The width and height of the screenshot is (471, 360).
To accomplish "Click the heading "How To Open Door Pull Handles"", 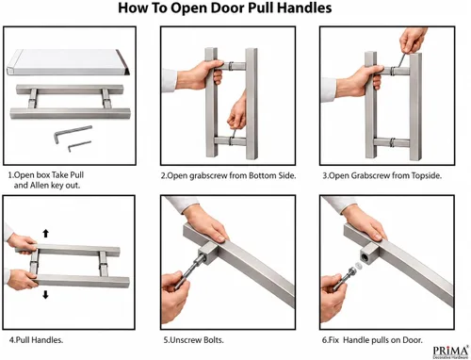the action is pos(225,8).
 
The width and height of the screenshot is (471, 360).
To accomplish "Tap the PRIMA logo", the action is pos(450,352).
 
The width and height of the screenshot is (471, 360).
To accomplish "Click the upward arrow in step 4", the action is pos(46,233).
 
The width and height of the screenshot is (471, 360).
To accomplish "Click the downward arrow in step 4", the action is pos(46,295).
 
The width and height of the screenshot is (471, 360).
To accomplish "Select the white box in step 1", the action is pos(68,62).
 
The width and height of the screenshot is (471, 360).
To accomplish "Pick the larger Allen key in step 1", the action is pos(73,133).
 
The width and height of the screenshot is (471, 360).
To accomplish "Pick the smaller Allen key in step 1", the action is pos(79,146).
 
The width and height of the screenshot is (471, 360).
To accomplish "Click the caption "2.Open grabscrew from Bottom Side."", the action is pos(228,175).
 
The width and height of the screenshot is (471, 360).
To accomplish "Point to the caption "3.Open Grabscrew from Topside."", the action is pos(382,175).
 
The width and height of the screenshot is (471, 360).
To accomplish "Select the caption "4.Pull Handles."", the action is pos(36,340).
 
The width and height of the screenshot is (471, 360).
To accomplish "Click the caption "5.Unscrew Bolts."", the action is pos(193,340).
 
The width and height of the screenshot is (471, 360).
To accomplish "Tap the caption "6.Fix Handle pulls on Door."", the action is pos(372,340).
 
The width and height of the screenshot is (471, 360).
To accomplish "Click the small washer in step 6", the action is pos(358,266).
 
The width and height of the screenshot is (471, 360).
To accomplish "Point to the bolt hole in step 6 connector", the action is pos(366,256).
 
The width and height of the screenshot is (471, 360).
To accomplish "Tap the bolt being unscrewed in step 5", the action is pos(191,270).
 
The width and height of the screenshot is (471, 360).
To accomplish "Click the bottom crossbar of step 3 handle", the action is pos(393,142).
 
